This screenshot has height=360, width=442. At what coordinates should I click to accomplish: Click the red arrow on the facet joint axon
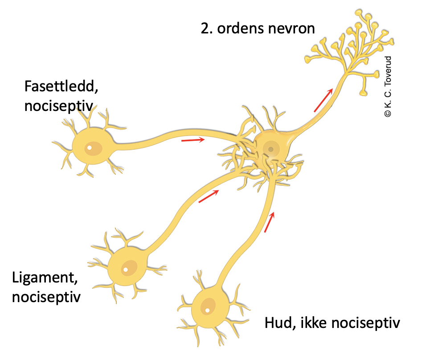click(x=193, y=140)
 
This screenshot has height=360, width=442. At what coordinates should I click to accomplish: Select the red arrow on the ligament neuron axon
click(x=209, y=196)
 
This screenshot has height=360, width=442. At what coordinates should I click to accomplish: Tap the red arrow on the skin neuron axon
click(x=269, y=222)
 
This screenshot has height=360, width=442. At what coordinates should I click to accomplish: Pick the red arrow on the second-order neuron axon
click(x=323, y=100)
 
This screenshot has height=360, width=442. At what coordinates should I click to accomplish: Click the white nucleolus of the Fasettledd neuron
click(x=90, y=148)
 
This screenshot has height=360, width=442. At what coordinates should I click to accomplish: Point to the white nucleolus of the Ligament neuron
click(x=126, y=270)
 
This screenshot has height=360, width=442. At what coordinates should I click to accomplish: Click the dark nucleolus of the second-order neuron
click(x=270, y=149)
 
